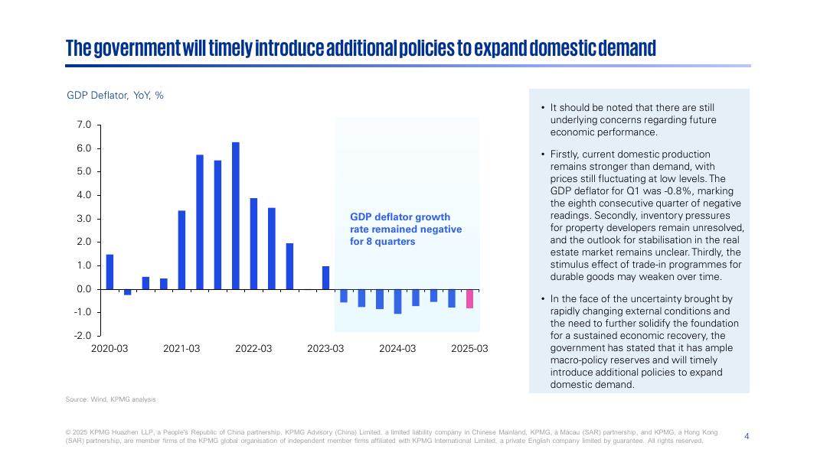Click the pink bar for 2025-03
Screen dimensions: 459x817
tap(469, 298)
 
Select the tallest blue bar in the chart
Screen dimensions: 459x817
tap(235, 216)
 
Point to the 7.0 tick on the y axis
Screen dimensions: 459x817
tap(84, 125)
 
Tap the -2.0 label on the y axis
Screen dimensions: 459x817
tap(83, 336)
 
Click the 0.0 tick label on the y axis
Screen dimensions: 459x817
tap(84, 289)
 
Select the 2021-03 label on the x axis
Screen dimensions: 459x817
tap(181, 349)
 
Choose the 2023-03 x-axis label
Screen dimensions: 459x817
tap(325, 349)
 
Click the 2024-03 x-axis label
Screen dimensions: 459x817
tap(397, 349)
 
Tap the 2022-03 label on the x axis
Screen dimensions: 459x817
tap(253, 349)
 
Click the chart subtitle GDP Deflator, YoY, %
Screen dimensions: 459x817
tap(115, 96)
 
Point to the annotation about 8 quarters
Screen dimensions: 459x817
tap(406, 229)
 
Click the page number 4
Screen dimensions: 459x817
tap(747, 436)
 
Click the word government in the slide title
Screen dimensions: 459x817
tap(138, 48)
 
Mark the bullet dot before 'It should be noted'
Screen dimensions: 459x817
tap(542, 109)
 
